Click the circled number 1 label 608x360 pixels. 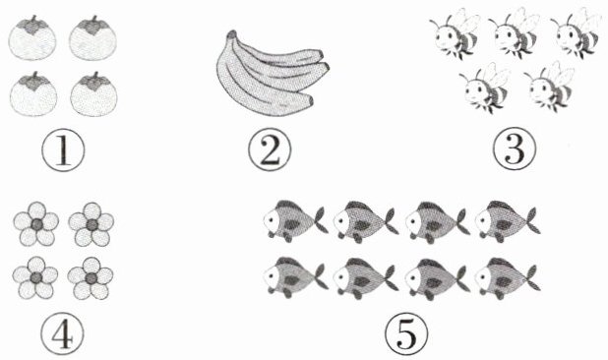[63, 150]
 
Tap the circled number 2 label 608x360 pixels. [270, 150]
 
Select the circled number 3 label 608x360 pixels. [515, 150]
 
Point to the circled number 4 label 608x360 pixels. [62, 334]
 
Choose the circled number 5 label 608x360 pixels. [406, 333]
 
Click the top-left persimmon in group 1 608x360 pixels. [32, 38]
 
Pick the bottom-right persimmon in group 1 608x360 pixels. [93, 94]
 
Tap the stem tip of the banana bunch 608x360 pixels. [231, 34]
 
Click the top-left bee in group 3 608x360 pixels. [455, 34]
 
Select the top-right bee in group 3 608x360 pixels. [577, 34]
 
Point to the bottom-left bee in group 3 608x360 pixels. [485, 89]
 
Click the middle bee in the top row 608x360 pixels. [515, 34]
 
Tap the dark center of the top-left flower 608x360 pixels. [36, 224]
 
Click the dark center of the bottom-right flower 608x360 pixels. [91, 277]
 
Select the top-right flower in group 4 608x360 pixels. [91, 224]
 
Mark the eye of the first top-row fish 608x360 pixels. [271, 220]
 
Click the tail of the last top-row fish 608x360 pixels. [531, 220]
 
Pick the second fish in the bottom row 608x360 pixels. [365, 277]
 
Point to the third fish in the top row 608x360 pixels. [438, 221]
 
